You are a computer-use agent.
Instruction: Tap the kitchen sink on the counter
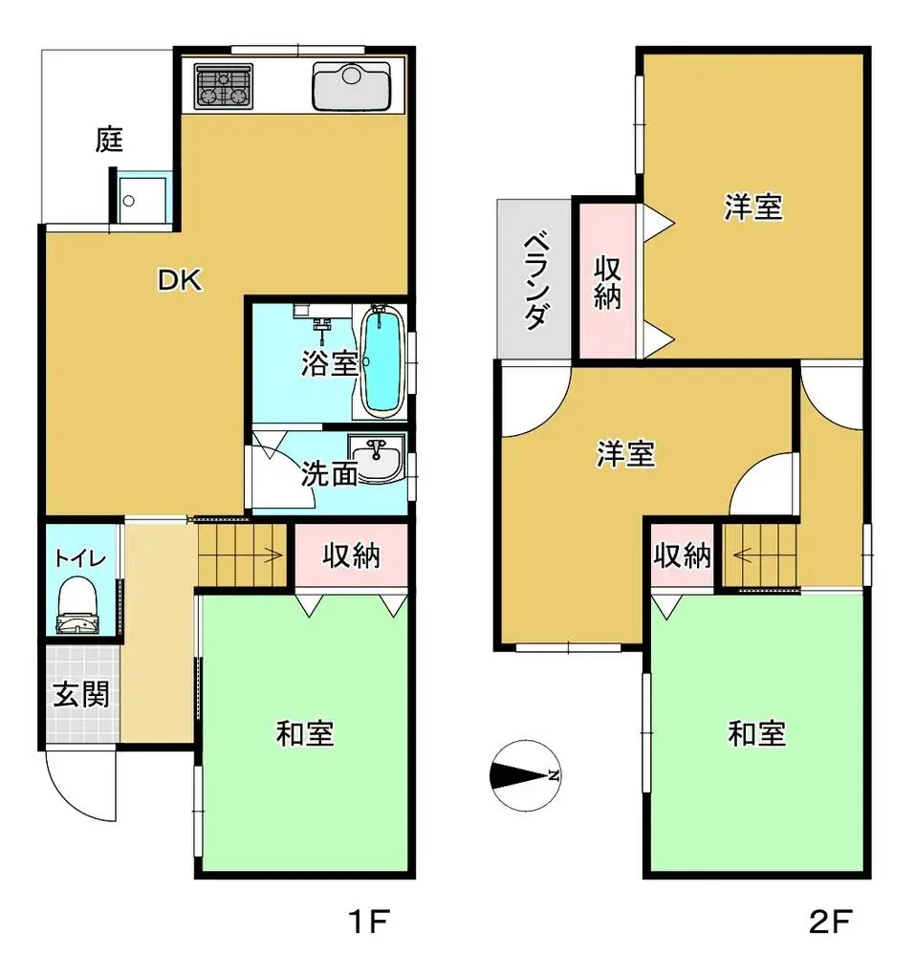(351, 87)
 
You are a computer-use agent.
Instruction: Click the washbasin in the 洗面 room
(377, 456)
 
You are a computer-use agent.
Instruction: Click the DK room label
(179, 280)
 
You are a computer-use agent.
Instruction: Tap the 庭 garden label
(110, 141)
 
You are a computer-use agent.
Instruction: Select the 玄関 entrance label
(79, 694)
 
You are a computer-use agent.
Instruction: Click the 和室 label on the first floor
(305, 734)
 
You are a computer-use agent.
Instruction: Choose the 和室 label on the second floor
(757, 734)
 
